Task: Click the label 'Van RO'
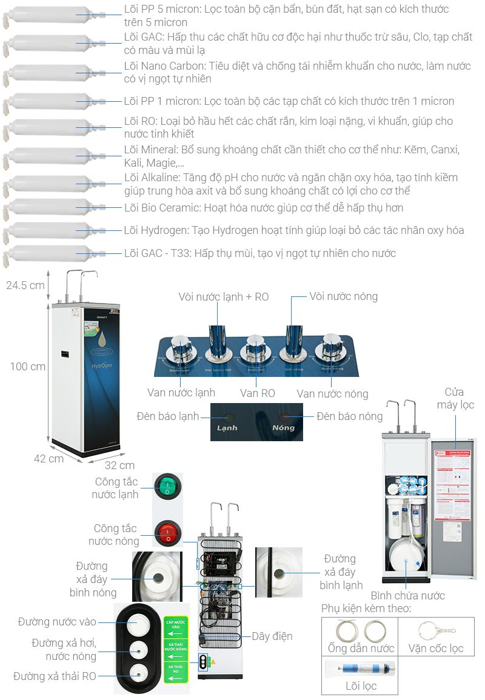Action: [257, 393]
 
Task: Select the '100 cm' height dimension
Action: [27, 367]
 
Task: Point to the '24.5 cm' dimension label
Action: [25, 285]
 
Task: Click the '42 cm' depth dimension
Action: [48, 459]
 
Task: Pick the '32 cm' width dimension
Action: [119, 465]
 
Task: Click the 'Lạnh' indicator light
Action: [229, 418]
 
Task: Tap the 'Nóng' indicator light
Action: [284, 418]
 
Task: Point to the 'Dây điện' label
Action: [272, 636]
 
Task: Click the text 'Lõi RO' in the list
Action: [140, 122]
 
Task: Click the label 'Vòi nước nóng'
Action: [343, 296]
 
